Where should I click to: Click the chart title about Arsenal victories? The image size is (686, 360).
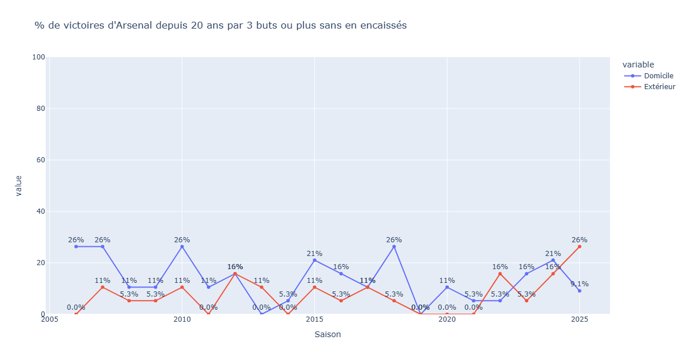221,26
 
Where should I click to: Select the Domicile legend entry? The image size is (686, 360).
659,76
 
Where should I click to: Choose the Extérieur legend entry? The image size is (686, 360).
659,87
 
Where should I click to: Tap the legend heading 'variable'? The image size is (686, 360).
638,65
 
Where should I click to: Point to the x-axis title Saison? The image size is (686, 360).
328,334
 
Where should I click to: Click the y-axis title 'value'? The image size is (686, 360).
18,186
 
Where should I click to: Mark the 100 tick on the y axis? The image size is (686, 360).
39,57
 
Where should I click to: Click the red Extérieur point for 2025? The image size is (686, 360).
579,247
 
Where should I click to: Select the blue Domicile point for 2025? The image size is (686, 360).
579,291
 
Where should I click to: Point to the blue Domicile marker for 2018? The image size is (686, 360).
394,247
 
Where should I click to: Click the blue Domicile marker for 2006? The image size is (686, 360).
76,247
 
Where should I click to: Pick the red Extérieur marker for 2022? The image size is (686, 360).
500,274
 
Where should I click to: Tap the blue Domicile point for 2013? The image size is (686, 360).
261,314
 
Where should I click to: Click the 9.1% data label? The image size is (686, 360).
579,284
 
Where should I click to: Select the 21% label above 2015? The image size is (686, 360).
314,254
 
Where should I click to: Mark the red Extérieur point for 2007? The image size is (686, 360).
102,287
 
